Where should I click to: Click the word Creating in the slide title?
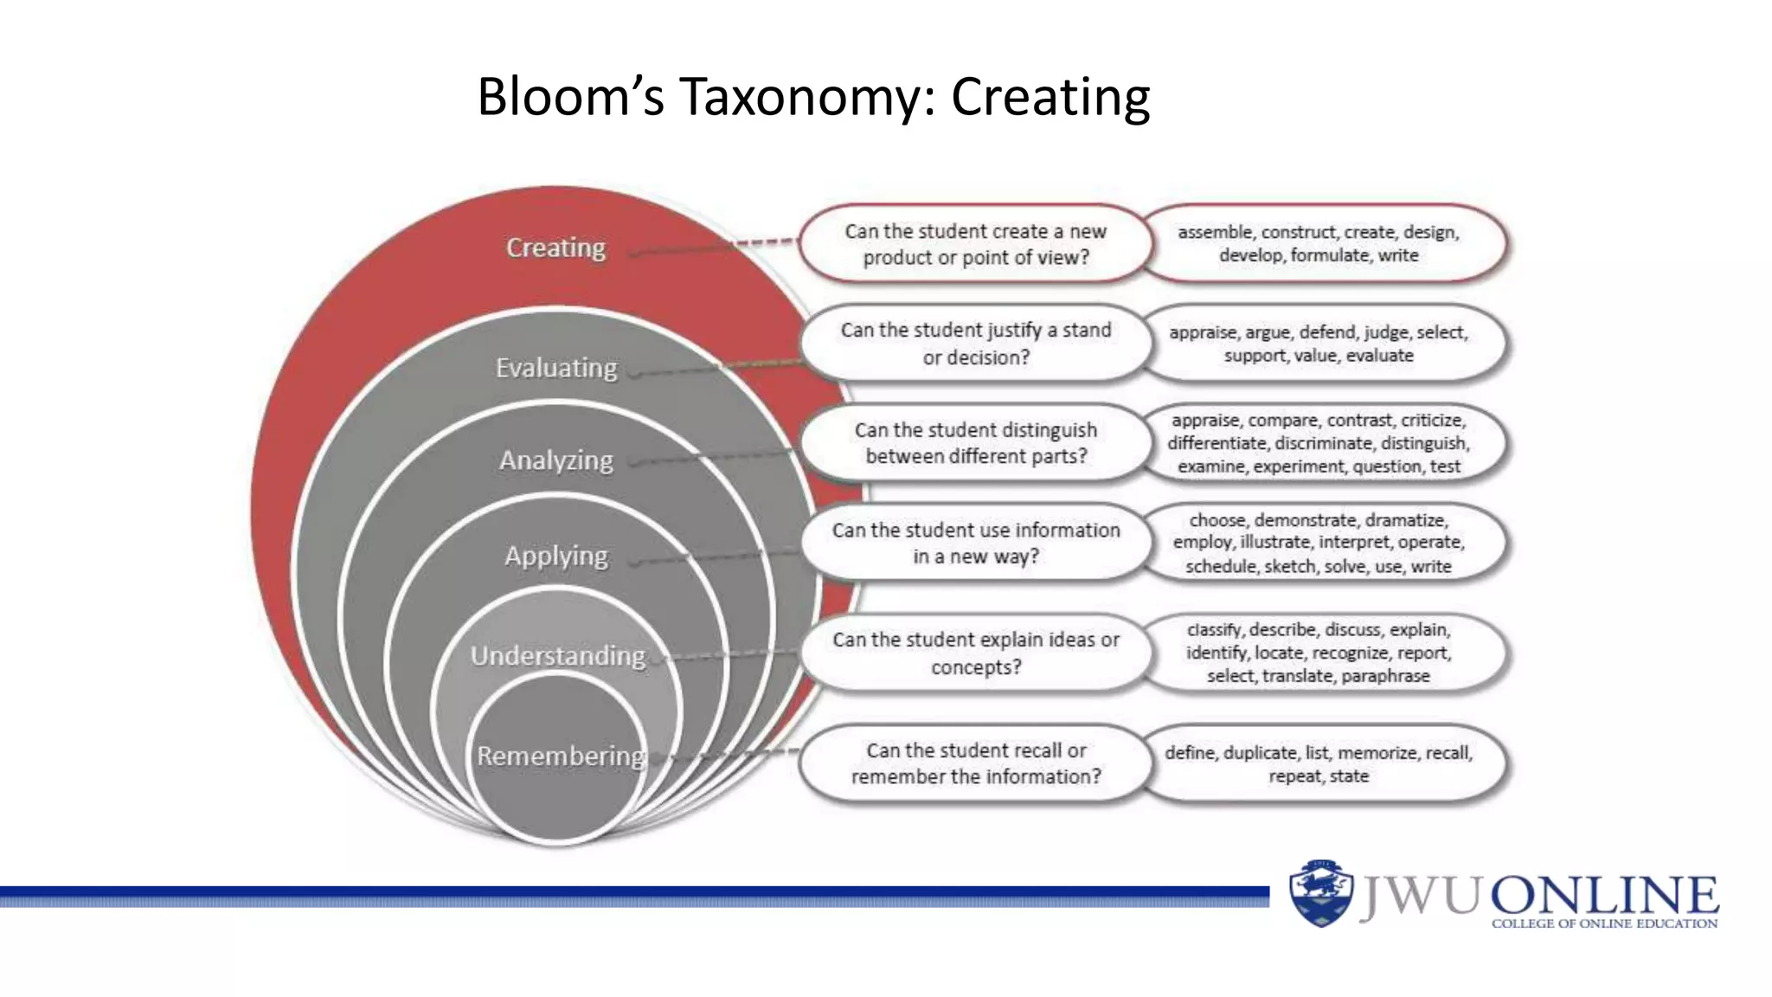tap(1050, 97)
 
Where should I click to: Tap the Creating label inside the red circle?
tap(555, 248)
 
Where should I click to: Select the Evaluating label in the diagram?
tap(556, 369)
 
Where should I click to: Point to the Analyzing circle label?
tap(556, 460)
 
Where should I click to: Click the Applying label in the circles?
tap(556, 556)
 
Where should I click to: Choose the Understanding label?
tap(558, 656)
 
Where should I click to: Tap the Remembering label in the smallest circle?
tap(561, 756)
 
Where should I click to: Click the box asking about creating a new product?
tap(975, 244)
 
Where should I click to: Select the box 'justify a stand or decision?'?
tap(975, 344)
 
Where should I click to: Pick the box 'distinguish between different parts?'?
tap(975, 443)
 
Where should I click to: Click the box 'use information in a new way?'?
tap(975, 543)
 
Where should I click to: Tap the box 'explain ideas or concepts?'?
tap(975, 653)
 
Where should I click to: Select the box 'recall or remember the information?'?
tap(975, 763)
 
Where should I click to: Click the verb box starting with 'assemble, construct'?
tap(1319, 244)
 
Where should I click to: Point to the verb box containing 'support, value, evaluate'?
tap(1319, 344)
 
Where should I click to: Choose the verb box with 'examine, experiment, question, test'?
tap(1319, 443)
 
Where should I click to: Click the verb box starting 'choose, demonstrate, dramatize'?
tap(1319, 543)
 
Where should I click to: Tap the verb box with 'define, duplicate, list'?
tap(1319, 763)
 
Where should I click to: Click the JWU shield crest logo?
tap(1320, 893)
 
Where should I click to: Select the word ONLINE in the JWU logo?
tap(1604, 896)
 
